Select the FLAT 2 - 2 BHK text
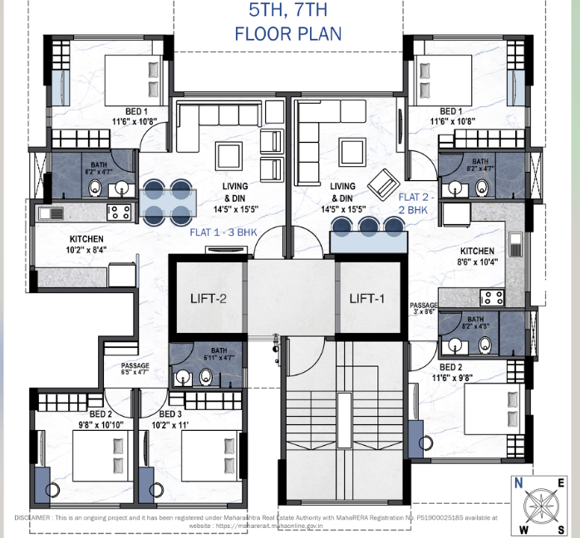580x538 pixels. [413, 204]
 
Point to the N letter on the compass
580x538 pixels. [518, 483]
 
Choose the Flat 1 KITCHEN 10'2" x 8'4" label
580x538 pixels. [87, 243]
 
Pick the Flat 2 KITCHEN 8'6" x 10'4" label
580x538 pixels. [477, 256]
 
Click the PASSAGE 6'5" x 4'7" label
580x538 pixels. [135, 369]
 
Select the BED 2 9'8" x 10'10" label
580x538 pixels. [101, 418]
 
